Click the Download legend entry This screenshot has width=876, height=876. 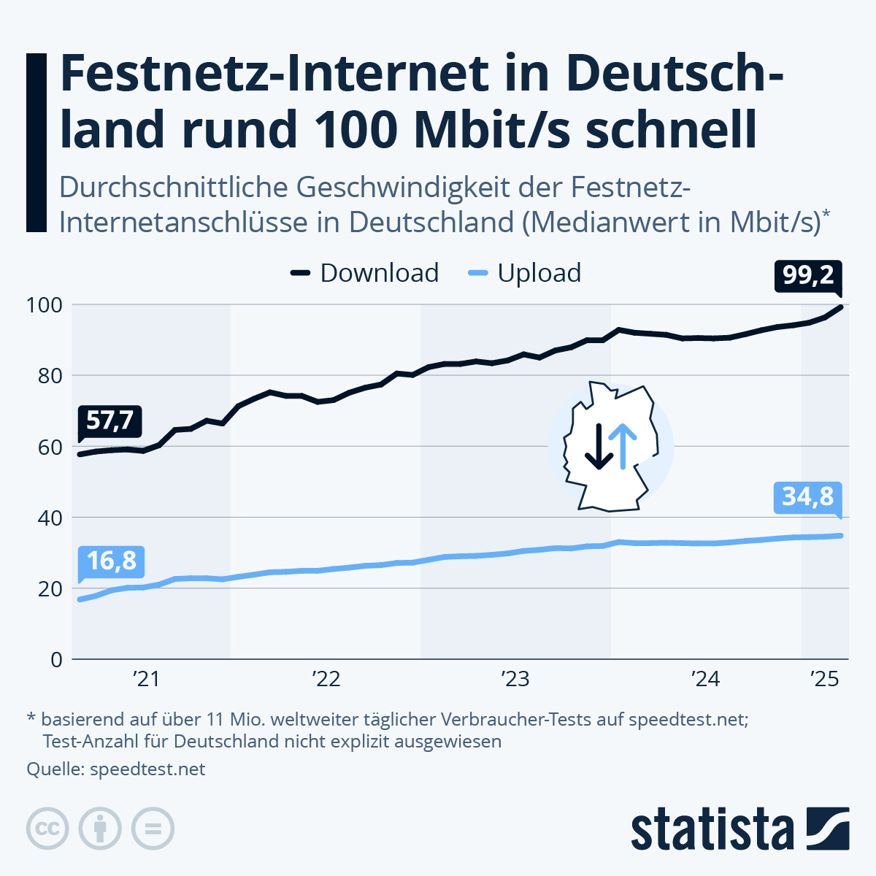[x=365, y=273]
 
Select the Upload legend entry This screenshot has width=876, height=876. [x=524, y=273]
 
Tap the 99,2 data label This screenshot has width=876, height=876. [x=808, y=276]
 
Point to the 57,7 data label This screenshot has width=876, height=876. [x=109, y=420]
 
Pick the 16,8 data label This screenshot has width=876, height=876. [x=111, y=561]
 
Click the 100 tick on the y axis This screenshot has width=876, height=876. [x=45, y=304]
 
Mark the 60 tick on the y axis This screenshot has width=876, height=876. [x=48, y=446]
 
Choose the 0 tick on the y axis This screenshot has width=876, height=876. [x=56, y=659]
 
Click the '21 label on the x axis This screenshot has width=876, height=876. [x=146, y=680]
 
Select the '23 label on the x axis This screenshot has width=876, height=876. [x=515, y=680]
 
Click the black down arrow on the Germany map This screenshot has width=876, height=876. [x=599, y=446]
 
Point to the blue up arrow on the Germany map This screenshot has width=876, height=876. [x=623, y=446]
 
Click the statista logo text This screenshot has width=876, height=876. [x=712, y=829]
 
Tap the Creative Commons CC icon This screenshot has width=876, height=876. [x=47, y=829]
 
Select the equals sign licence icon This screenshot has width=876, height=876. [x=153, y=829]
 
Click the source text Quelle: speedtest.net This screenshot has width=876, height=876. [x=116, y=769]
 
